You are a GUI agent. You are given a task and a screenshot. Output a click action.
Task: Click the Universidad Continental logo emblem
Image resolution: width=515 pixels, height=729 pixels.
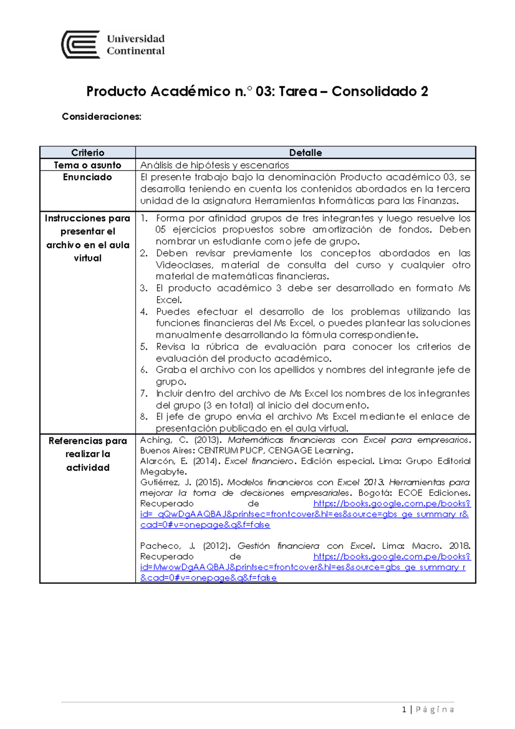81,45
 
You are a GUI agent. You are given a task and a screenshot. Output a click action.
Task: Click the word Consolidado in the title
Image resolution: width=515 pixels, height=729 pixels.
373,91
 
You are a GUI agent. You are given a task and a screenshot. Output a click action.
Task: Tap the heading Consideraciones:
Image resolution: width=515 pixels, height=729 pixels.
101,117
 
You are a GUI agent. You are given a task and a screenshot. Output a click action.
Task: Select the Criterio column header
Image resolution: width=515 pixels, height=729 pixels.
88,153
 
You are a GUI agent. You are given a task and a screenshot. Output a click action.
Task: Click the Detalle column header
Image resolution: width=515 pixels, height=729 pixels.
305,153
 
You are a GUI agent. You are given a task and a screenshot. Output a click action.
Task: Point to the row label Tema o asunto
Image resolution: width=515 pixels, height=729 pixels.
88,165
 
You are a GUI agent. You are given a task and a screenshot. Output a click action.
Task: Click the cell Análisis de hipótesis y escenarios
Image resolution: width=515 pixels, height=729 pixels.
215,165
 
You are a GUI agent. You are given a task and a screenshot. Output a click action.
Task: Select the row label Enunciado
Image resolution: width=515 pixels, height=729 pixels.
88,177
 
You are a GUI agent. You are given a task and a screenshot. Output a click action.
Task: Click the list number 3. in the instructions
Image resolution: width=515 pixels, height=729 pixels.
144,289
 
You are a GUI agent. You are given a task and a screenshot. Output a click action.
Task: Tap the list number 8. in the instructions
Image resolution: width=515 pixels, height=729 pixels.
144,417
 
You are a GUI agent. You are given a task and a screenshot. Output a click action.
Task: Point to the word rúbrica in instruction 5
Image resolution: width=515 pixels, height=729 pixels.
222,347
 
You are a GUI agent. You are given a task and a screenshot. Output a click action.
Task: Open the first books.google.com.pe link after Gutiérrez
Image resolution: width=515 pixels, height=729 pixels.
391,504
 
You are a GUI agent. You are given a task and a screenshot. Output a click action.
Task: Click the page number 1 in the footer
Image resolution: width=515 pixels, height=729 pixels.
404,710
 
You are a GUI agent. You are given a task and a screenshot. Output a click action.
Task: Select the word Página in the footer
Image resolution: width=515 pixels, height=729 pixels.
434,710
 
